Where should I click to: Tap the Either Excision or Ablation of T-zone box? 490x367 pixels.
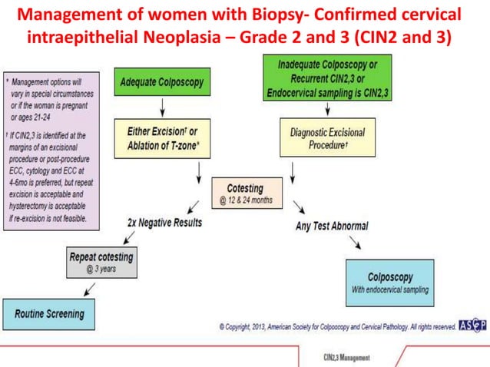161,139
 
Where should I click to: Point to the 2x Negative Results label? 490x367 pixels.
164,222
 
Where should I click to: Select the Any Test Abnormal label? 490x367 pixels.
331,226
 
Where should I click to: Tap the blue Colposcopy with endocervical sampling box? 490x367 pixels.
389,283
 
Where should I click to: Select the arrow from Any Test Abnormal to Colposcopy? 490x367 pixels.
356,243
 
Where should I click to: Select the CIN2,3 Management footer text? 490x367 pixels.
347,357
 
